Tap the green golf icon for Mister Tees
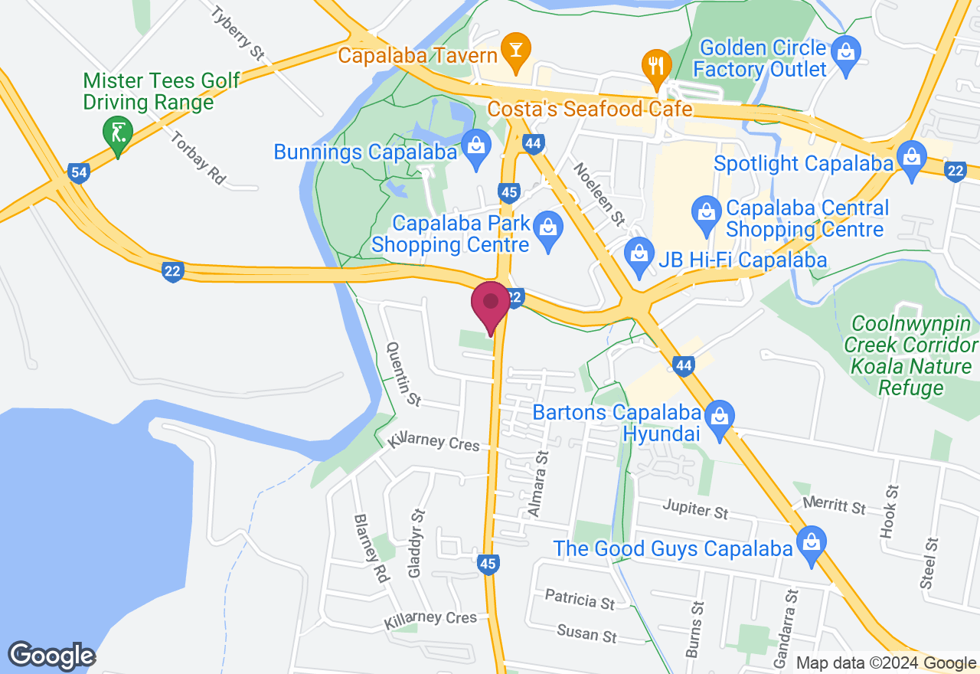point(117,133)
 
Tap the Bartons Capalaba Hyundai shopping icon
point(719,417)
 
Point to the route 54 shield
point(79,172)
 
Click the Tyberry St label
point(238,34)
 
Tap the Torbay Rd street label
point(199,159)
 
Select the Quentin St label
point(404,374)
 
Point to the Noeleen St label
point(599,195)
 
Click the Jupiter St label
point(695,509)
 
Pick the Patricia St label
point(580,598)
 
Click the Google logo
point(51,656)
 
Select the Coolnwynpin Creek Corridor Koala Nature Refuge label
point(911,356)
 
